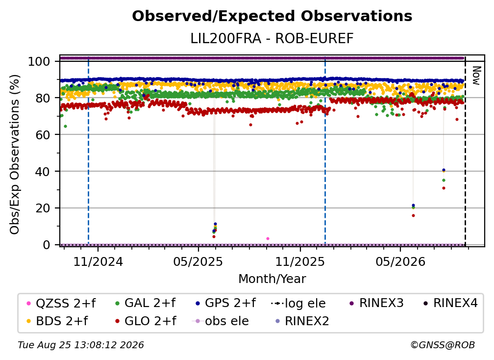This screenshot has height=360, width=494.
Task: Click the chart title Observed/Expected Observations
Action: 272,16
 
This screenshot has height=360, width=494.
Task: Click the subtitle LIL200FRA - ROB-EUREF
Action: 272,39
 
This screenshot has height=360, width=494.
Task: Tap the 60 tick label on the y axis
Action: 43,135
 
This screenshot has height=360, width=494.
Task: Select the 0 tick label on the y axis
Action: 46,245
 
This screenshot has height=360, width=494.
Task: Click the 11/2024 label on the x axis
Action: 98,262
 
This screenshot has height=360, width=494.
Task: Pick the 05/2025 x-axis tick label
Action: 198,262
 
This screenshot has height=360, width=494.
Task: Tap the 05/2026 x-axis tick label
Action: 400,262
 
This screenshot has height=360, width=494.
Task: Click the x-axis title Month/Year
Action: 272,279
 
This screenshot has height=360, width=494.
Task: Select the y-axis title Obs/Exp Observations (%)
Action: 15,154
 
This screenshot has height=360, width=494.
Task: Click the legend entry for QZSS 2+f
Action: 61,304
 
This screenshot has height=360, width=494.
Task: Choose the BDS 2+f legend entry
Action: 57,321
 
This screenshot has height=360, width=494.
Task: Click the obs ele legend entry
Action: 221,321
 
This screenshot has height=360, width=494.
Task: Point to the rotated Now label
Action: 476,76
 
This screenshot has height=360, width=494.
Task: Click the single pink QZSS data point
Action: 268,239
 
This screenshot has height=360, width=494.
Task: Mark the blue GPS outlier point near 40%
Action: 444,170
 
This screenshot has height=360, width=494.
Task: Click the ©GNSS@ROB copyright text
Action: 443,345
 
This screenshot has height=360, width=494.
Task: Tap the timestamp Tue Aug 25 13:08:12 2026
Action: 81,345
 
